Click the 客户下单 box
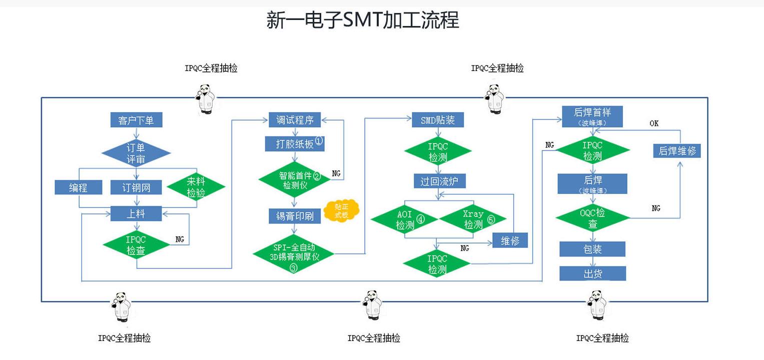(136, 120)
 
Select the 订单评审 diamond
(136, 153)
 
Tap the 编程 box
(78, 187)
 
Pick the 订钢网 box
(136, 187)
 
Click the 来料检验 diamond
(196, 187)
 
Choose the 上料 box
(136, 213)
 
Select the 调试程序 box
(295, 120)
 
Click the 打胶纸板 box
(295, 143)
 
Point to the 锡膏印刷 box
(295, 216)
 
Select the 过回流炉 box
(439, 181)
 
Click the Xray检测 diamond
(473, 219)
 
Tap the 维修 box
(510, 240)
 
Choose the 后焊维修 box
(677, 150)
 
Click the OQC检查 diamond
(593, 218)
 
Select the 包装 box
(592, 249)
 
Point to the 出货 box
(592, 273)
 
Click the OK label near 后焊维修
(654, 123)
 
